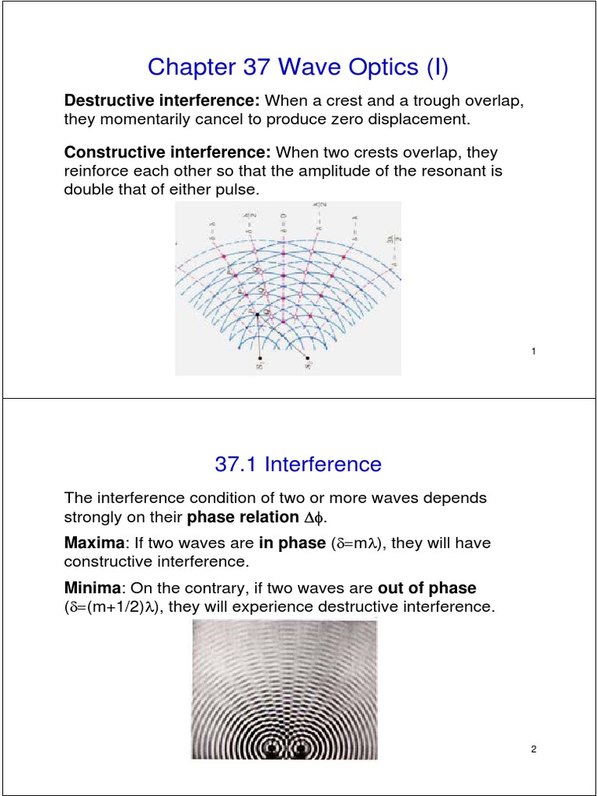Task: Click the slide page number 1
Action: (x=534, y=352)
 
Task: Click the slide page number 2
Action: (x=534, y=749)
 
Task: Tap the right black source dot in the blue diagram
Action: (x=309, y=358)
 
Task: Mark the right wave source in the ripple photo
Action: (x=300, y=749)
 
